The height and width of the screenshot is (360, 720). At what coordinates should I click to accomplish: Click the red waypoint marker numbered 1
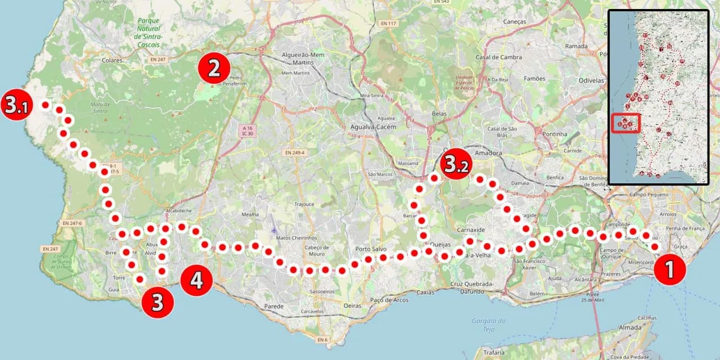[x=669, y=270]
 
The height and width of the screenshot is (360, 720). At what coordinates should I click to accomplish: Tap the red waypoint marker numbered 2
[x=214, y=68]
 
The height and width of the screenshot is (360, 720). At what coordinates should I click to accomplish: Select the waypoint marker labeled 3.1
[x=15, y=105]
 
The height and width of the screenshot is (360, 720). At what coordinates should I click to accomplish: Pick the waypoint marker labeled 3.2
[x=456, y=164]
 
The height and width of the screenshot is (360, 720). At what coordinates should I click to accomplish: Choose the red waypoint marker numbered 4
[x=196, y=280]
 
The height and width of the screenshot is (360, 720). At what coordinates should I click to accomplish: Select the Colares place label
[x=112, y=60]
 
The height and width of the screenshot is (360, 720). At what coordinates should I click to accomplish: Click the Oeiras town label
[x=352, y=305]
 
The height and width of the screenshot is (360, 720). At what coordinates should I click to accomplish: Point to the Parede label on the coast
[x=273, y=306]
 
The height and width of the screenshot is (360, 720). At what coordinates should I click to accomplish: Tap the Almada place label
[x=630, y=327]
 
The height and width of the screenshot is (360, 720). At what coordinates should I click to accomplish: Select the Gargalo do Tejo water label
[x=488, y=325]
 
